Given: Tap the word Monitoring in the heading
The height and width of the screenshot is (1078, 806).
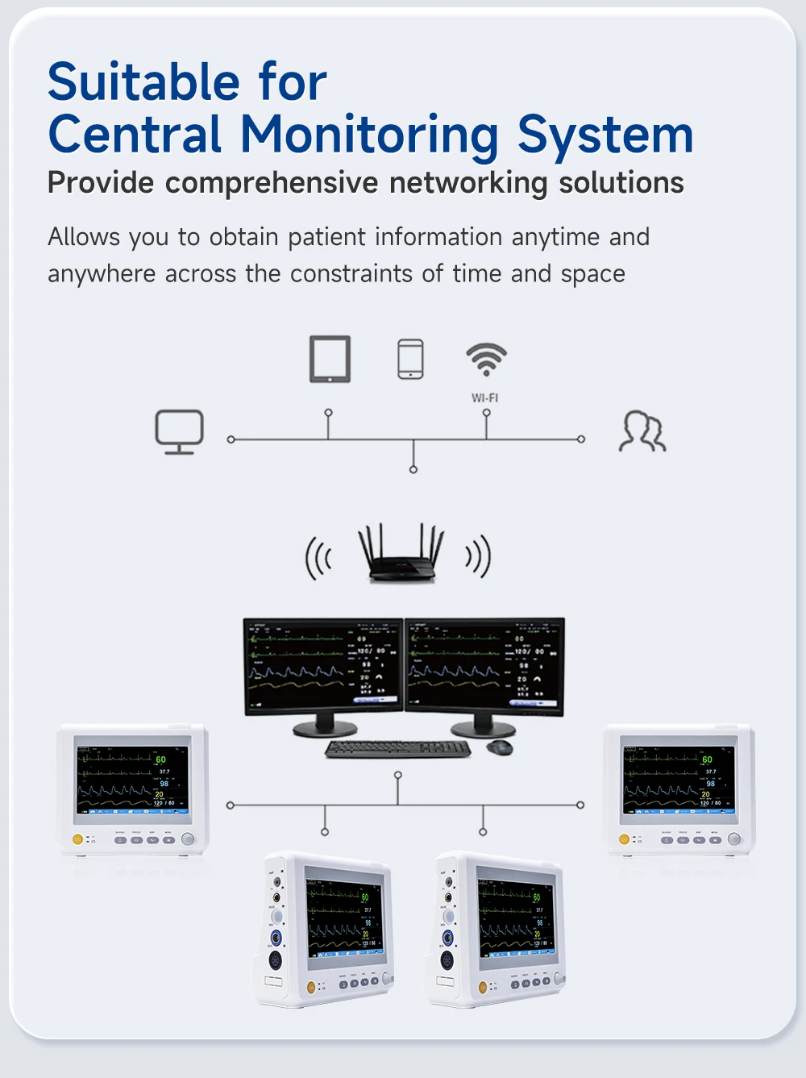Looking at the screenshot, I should pyautogui.click(x=370, y=135).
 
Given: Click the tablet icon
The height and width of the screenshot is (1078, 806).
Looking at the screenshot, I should pyautogui.click(x=330, y=359).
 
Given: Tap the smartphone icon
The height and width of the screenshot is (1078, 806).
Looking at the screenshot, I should pyautogui.click(x=410, y=359).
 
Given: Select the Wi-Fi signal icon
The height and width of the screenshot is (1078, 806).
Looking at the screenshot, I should pyautogui.click(x=486, y=359).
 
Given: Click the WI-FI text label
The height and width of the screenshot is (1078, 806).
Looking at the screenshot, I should pyautogui.click(x=485, y=398).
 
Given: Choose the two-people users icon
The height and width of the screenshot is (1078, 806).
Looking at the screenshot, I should pyautogui.click(x=642, y=431).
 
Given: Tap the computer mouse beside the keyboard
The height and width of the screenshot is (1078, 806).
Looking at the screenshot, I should pyautogui.click(x=500, y=747).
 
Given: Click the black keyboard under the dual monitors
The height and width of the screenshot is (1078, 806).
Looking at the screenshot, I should pyautogui.click(x=397, y=749).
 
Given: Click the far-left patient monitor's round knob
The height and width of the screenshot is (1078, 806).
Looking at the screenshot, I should pyautogui.click(x=188, y=839).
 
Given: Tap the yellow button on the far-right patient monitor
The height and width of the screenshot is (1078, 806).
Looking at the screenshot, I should pyautogui.click(x=624, y=839).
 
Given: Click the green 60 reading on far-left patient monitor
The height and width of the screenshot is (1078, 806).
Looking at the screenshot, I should pyautogui.click(x=160, y=760).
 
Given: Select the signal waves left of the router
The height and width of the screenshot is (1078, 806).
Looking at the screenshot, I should pyautogui.click(x=318, y=558).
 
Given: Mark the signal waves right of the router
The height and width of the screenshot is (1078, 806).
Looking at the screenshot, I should pyautogui.click(x=478, y=556).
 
